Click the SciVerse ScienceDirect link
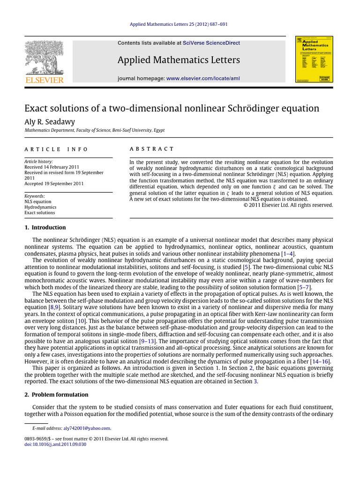[211, 43]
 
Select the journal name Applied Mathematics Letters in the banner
[179, 60]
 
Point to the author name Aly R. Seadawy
[50, 121]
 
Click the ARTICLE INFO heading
[56, 149]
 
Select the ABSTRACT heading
[151, 149]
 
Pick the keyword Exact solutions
[40, 212]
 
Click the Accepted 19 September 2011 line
[54, 184]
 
